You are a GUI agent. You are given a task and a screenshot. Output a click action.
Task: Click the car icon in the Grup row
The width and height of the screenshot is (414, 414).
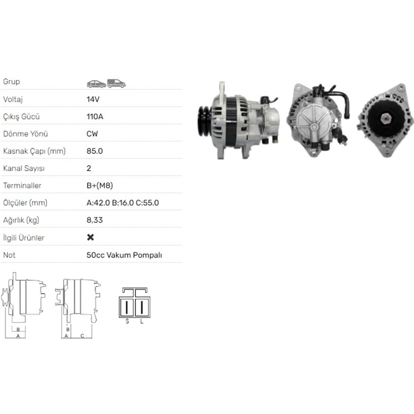[96, 84]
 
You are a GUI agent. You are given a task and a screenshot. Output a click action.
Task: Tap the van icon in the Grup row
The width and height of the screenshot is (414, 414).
[116, 84]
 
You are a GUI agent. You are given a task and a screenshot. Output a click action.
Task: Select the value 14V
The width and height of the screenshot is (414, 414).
[93, 99]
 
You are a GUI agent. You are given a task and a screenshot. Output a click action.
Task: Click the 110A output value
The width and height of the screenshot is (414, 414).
[95, 116]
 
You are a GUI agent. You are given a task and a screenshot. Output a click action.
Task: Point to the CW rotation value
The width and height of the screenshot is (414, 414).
[92, 134]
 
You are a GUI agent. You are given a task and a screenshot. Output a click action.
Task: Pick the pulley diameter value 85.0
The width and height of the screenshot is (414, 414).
[94, 151]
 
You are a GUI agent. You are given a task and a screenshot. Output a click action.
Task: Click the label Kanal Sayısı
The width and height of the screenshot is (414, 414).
[24, 168]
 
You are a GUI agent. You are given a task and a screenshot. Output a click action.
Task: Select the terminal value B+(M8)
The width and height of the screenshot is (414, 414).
[99, 185]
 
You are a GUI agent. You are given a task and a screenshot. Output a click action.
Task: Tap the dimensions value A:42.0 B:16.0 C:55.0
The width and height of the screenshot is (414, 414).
[123, 203]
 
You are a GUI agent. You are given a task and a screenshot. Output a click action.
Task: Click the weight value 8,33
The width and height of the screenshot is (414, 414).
[94, 220]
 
